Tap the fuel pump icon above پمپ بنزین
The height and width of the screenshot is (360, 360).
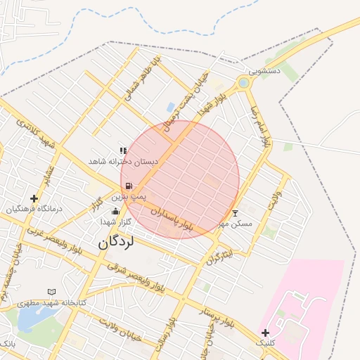pos(129,186)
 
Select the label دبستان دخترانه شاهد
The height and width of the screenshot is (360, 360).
pos(123,162)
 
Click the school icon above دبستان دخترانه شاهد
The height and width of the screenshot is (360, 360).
pos(123,150)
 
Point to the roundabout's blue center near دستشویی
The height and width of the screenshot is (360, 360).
pos(243,84)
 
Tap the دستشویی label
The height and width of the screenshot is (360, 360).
pos(266,71)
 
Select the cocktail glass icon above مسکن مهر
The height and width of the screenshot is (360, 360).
pos(235,212)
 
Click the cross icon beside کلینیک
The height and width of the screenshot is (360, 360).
pos(264,333)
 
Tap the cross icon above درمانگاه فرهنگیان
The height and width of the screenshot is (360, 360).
pos(34,198)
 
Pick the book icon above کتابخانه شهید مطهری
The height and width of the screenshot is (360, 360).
pos(51,291)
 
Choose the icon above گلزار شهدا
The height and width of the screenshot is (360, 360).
pos(115,211)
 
